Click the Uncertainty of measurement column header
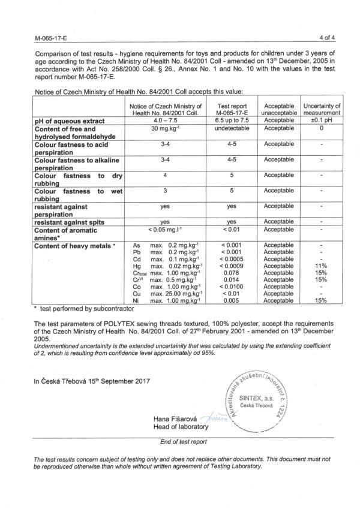pos(322,109)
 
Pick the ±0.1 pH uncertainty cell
pos(322,121)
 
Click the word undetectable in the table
pos(231,128)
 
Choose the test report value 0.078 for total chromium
pos(231,272)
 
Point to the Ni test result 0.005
pos(231,300)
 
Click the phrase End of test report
pos(179,441)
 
